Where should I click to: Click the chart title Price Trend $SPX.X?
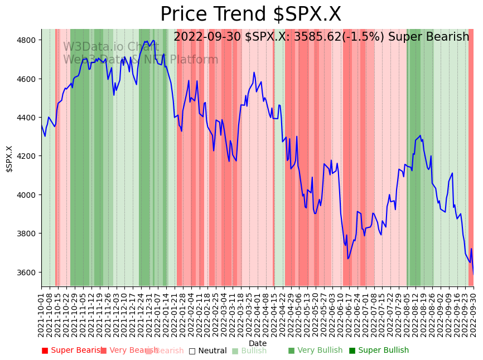point(250,14)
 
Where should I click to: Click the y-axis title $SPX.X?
point(9,159)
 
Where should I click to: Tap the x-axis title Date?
point(258,343)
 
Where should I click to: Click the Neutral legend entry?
point(207,351)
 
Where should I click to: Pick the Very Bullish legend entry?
point(315,351)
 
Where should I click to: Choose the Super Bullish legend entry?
point(379,351)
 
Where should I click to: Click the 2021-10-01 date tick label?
point(41,313)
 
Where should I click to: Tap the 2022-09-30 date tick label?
point(474,313)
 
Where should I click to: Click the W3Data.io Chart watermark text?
point(111,47)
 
